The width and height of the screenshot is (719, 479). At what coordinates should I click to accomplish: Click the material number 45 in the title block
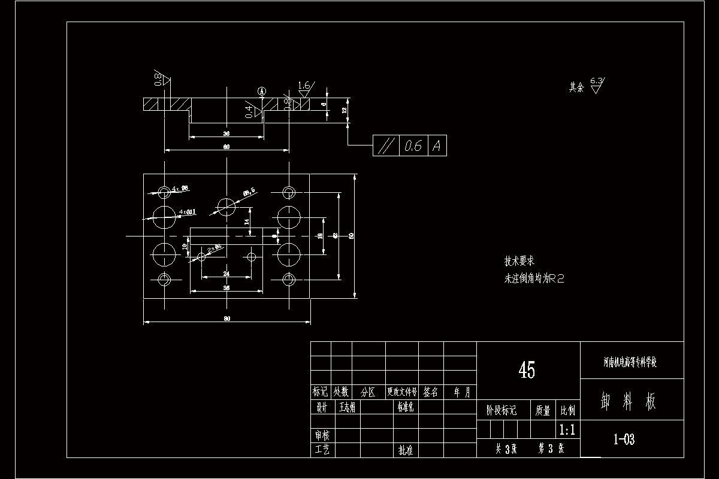click(527, 371)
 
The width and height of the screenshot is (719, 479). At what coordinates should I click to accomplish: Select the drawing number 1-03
click(624, 439)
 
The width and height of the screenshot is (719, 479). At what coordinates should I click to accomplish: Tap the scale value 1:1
click(567, 429)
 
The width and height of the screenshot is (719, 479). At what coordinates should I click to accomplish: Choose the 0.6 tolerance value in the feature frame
click(412, 145)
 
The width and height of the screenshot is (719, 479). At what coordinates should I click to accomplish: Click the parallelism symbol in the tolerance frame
click(386, 145)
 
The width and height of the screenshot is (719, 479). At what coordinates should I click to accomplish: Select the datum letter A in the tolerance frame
click(437, 145)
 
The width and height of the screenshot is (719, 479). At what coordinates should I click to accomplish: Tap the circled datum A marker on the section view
click(261, 90)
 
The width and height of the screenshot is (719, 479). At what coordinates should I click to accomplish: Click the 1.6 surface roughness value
click(304, 86)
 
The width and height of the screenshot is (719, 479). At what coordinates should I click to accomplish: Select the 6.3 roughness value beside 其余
click(597, 80)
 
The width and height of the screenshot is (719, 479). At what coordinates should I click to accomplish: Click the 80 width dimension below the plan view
click(227, 319)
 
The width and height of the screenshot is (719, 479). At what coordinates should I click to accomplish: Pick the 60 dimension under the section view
click(226, 147)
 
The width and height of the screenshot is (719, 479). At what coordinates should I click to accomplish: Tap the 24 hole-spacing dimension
click(226, 273)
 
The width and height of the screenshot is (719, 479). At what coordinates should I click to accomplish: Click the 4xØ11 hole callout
click(188, 212)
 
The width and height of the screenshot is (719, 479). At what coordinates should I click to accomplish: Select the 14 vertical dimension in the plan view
click(246, 222)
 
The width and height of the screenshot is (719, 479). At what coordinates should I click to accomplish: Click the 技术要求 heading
click(519, 261)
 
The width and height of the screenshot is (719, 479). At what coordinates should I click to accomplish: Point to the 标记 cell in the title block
click(321, 392)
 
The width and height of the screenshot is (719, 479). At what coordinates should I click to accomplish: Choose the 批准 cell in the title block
click(406, 450)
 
